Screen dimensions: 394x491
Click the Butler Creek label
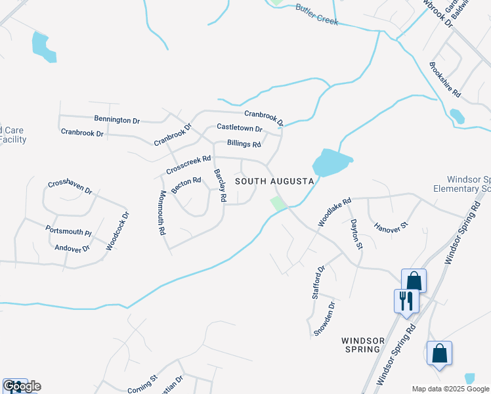[x=316, y=14]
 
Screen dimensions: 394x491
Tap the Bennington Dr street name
[x=117, y=120]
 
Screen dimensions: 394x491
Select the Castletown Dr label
[x=239, y=129]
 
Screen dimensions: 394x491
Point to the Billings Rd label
[x=244, y=143]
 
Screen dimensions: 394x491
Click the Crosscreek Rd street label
[x=188, y=165]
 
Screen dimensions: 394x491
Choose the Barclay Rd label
[x=220, y=185]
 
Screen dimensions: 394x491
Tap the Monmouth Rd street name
[x=162, y=213]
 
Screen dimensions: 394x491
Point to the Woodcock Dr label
[x=118, y=230]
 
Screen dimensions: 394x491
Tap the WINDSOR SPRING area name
[x=362, y=345]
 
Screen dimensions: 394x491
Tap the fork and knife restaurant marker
[x=405, y=301]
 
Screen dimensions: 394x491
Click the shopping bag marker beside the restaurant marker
[x=414, y=280]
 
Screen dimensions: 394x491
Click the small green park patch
[x=279, y=203]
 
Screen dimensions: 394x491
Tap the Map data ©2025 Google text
[x=451, y=389]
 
